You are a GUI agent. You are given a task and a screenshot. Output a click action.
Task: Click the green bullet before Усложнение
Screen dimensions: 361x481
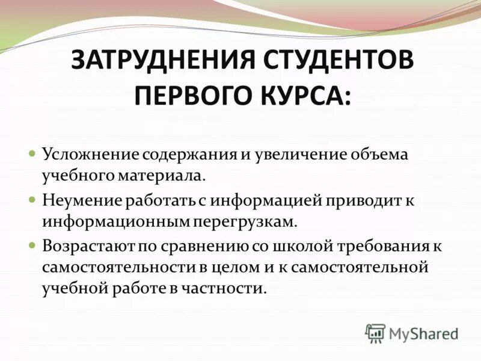[x=33, y=154]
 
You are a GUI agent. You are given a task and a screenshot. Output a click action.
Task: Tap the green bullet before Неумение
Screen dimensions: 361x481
[x=33, y=199]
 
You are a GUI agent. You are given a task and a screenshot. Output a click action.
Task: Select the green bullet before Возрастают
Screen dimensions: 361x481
[x=33, y=245]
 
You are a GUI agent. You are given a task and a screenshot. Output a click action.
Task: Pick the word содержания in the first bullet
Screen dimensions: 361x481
[x=190, y=154]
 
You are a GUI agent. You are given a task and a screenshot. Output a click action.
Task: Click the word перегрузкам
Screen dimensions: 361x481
[x=246, y=221]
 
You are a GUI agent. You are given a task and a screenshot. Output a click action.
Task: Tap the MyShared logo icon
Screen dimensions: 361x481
[x=375, y=333]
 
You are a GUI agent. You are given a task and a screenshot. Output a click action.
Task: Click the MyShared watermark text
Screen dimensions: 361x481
[x=423, y=333]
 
